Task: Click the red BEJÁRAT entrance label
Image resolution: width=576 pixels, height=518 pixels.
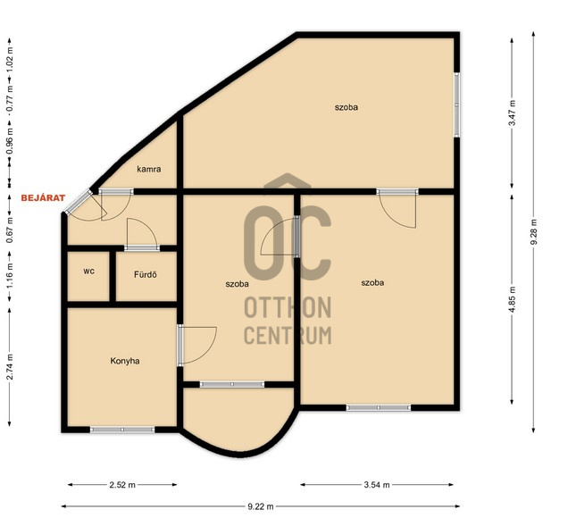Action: point(43,198)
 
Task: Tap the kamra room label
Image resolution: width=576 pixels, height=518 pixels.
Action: point(149,169)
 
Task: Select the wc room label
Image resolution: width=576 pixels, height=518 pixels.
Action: point(89,272)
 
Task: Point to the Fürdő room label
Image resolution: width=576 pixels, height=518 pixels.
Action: point(146,274)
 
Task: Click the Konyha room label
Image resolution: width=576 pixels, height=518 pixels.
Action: point(125,361)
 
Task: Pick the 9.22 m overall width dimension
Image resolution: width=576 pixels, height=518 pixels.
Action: point(261,506)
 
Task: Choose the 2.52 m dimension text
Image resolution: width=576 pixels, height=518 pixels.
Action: point(122,485)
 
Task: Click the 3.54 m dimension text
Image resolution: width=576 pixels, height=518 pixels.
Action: point(377,485)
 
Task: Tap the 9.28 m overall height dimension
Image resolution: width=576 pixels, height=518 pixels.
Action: point(534,232)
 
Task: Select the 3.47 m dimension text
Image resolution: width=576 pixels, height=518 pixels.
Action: point(512,113)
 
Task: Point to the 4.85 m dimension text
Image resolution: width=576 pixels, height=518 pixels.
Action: point(512,299)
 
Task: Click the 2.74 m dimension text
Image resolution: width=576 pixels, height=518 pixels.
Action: point(10,367)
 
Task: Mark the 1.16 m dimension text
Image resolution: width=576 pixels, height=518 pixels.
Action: point(10,276)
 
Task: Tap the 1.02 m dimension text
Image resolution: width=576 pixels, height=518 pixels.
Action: point(10,59)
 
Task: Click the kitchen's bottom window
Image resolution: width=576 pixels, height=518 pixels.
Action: point(122,430)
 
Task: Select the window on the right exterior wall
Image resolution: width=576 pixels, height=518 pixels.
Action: point(457,104)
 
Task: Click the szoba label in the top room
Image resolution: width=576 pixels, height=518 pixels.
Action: point(346,107)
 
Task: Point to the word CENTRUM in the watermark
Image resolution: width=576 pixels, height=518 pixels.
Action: point(288,336)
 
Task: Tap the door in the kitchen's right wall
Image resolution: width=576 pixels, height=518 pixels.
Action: point(180,345)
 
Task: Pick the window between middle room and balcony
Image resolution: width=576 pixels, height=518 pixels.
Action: point(232,385)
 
